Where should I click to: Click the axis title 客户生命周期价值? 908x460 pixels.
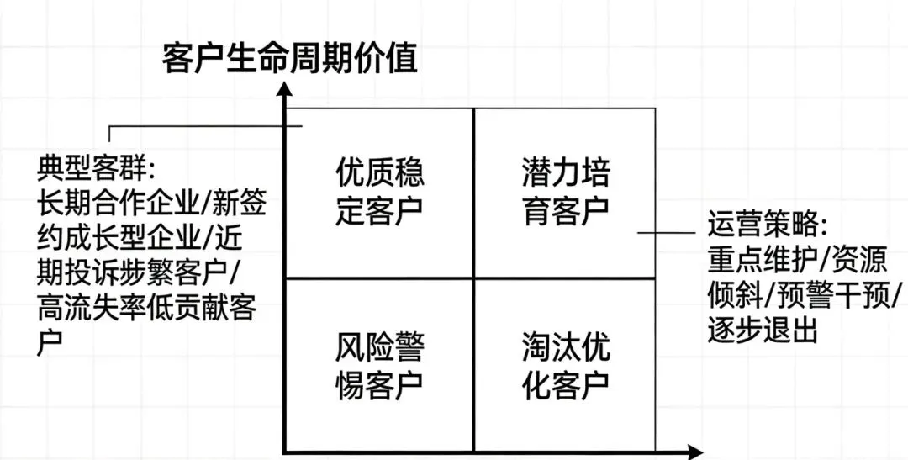(290, 61)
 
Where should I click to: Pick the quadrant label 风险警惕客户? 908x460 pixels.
(380, 367)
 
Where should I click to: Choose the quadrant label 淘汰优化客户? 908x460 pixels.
(565, 367)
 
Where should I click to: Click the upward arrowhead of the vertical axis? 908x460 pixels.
(287, 93)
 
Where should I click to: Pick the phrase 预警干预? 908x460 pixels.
(836, 296)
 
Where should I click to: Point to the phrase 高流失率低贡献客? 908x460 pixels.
(147, 310)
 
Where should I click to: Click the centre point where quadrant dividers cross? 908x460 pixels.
(474, 278)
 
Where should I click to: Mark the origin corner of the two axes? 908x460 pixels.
(287, 452)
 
